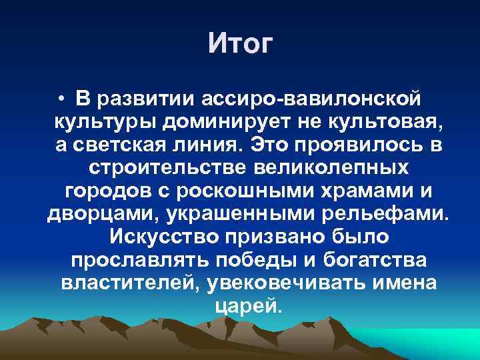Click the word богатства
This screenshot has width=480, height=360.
(367, 260)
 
